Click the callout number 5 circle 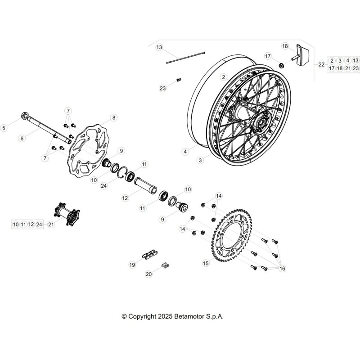(4, 128)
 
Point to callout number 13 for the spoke (159, 47)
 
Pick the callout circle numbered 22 (321, 65)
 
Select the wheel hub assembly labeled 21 (67, 214)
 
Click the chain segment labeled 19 (150, 254)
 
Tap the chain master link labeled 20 (165, 265)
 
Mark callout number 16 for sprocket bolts (282, 268)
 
